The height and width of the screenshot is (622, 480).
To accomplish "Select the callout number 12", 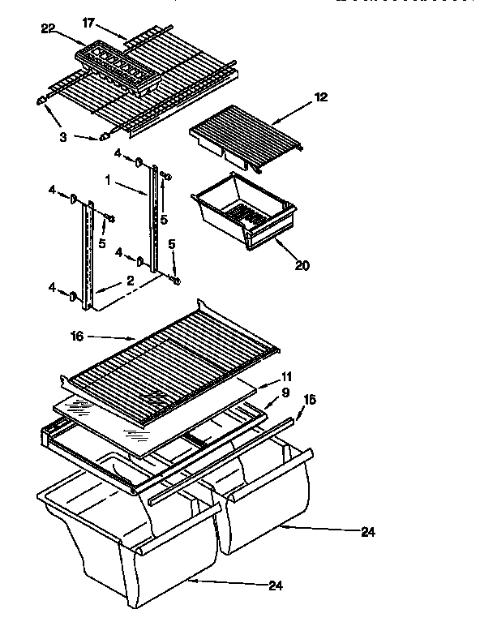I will (x=321, y=97).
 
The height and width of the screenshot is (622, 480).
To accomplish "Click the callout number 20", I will (x=302, y=264).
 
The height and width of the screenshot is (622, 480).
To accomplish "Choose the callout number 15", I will (x=310, y=401).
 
